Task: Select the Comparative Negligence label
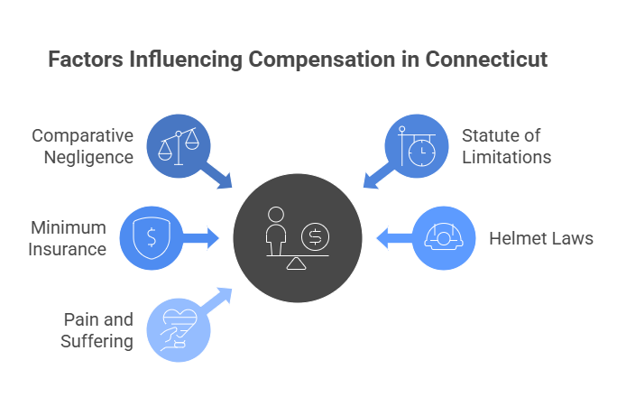coord(83,146)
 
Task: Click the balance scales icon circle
coord(178,143)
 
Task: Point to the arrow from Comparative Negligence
coord(218,175)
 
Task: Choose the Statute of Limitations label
coord(506,146)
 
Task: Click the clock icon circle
coord(417,143)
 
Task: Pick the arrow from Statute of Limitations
coord(376,176)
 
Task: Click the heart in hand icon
coord(178,329)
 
